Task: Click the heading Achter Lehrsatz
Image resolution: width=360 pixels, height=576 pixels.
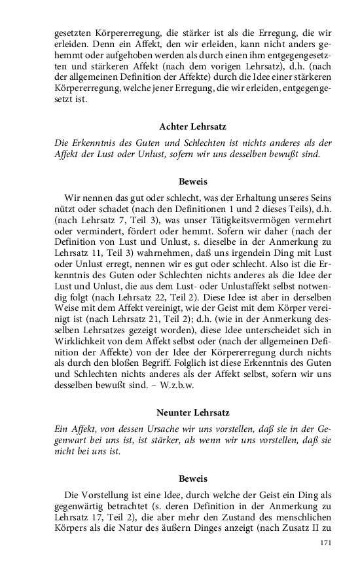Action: point(192,127)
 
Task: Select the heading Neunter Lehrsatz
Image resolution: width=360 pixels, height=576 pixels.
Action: point(192,412)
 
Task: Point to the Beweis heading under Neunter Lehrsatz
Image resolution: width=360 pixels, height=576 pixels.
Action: point(192,478)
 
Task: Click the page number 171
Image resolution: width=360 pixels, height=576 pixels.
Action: point(325,543)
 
